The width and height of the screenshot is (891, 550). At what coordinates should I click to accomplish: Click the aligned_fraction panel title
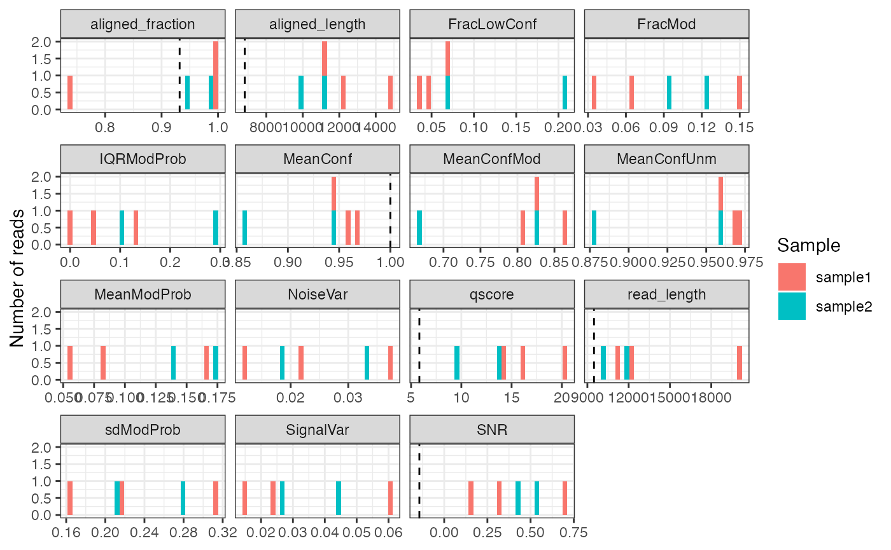[x=143, y=25]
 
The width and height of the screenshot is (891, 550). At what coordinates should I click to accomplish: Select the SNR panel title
[x=492, y=430]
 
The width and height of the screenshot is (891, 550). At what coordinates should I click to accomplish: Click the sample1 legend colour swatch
[x=792, y=277]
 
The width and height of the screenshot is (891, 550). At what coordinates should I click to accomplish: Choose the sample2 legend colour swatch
[x=792, y=306]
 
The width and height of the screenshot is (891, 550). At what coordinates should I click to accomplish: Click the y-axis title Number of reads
[x=17, y=277]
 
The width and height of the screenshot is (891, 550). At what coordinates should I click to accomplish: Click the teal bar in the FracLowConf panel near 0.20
[x=565, y=93]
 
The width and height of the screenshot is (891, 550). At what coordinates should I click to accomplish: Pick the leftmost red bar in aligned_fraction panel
[x=70, y=93]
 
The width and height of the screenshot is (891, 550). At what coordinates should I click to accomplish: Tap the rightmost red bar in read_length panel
[x=740, y=363]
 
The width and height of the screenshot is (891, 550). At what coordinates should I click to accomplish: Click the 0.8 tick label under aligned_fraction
[x=105, y=127]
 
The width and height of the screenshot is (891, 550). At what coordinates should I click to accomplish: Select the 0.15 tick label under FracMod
[x=740, y=127]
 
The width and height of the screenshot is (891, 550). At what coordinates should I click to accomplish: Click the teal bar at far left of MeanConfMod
[x=419, y=228]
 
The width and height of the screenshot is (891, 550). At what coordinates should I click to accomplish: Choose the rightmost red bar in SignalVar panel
[x=390, y=498]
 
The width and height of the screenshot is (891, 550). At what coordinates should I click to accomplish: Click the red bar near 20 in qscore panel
[x=565, y=363]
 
